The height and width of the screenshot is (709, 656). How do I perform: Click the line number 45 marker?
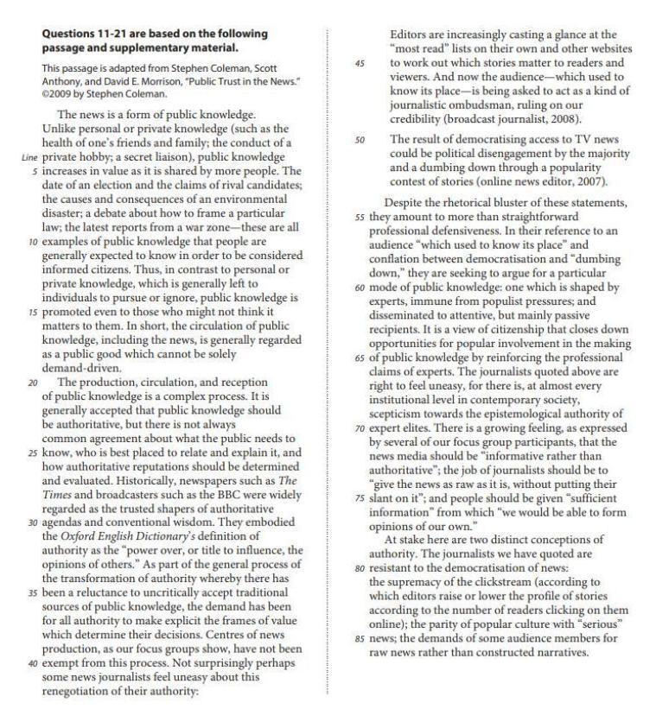click(x=359, y=62)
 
